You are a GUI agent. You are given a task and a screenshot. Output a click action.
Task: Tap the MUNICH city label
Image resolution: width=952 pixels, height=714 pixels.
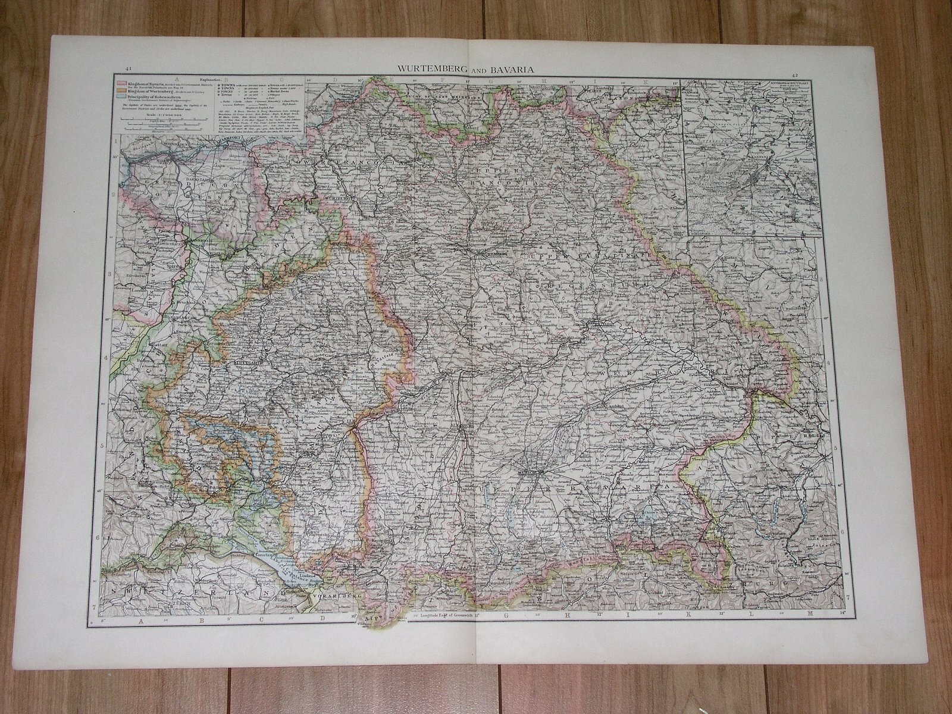pyautogui.click(x=528, y=473)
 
